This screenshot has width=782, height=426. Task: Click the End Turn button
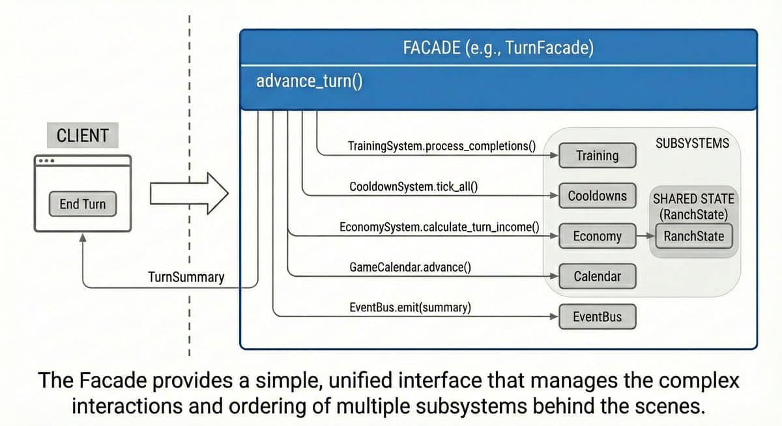click(82, 205)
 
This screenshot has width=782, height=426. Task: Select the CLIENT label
click(83, 136)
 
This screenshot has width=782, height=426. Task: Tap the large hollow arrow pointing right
click(189, 193)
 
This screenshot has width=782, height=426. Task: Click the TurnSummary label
click(186, 277)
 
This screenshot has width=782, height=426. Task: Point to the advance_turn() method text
click(310, 81)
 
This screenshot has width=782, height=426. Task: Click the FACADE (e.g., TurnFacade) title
click(498, 48)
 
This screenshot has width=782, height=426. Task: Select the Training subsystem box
click(597, 155)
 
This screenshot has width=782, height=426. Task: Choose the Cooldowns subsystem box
click(597, 195)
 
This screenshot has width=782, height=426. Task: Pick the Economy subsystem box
click(597, 236)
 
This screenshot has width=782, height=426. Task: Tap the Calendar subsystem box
click(597, 276)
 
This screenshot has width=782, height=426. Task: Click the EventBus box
click(597, 317)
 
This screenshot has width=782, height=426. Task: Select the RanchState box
click(693, 236)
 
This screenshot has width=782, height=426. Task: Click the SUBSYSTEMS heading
click(692, 143)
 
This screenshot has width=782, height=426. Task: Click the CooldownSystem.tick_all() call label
click(414, 187)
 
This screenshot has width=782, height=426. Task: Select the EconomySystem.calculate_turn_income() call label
click(439, 227)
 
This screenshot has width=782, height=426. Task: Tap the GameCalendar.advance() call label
click(411, 268)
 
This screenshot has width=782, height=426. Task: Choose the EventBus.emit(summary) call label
click(411, 307)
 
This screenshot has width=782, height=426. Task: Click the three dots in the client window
click(46, 162)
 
